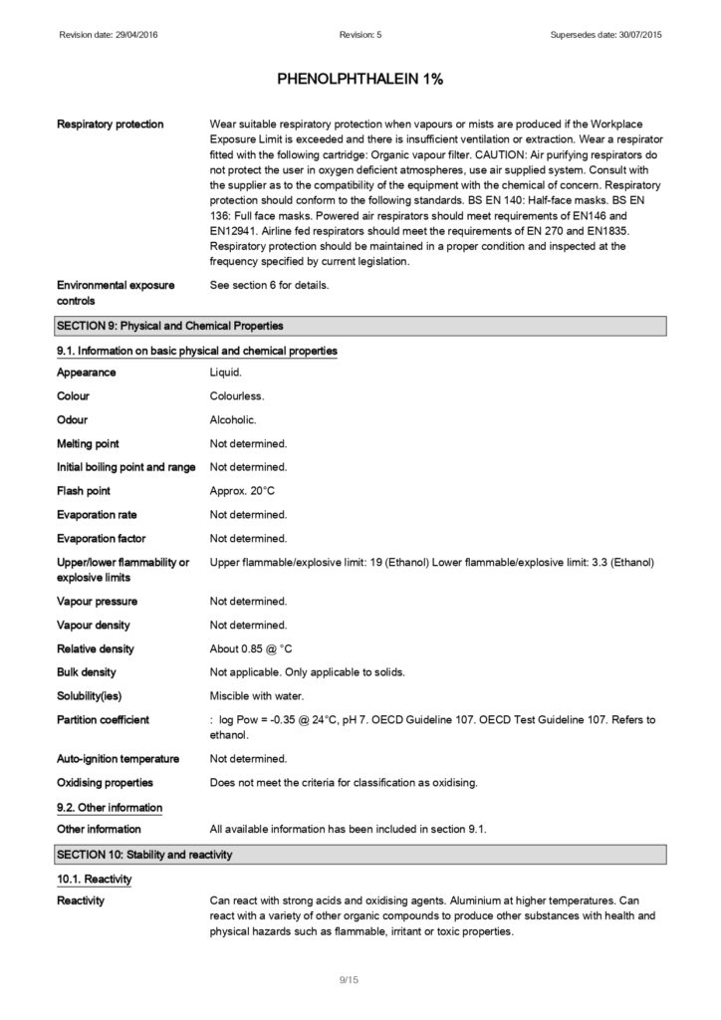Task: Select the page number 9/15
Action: pyautogui.click(x=349, y=981)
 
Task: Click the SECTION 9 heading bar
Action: pyautogui.click(x=360, y=326)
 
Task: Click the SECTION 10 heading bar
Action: pyautogui.click(x=360, y=854)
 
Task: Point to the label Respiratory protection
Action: pyautogui.click(x=111, y=125)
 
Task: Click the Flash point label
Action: pyautogui.click(x=84, y=491)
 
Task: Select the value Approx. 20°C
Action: pyautogui.click(x=242, y=491)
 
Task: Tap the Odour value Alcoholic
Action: pyautogui.click(x=233, y=419)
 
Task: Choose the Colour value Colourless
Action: pyautogui.click(x=237, y=395)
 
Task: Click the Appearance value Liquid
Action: pyautogui.click(x=225, y=373)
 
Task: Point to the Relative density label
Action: pyautogui.click(x=96, y=649)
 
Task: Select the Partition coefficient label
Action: pyautogui.click(x=104, y=720)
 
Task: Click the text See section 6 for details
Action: pyautogui.click(x=270, y=286)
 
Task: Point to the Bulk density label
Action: pyautogui.click(x=87, y=673)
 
